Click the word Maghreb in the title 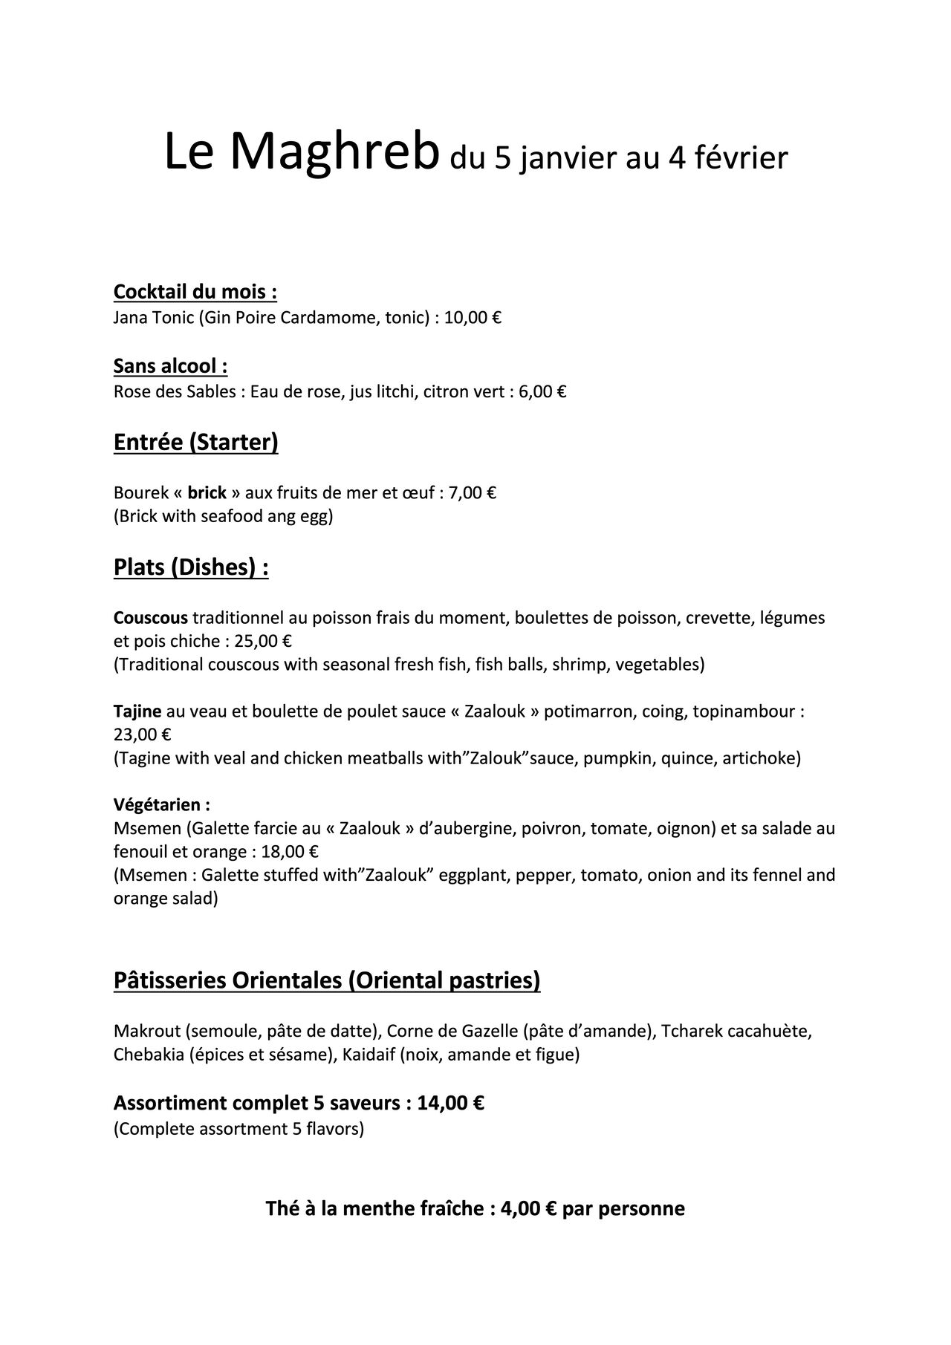(x=332, y=152)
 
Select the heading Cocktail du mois (x=195, y=292)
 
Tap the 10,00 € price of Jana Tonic (x=473, y=319)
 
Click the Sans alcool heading (x=170, y=366)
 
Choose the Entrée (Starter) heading (x=195, y=443)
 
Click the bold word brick (x=207, y=493)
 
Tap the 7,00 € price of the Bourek (x=473, y=493)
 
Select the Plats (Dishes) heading (x=190, y=568)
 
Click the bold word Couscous (x=151, y=618)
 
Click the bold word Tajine (x=137, y=711)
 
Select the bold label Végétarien (x=161, y=805)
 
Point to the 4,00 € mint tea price (x=529, y=1209)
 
